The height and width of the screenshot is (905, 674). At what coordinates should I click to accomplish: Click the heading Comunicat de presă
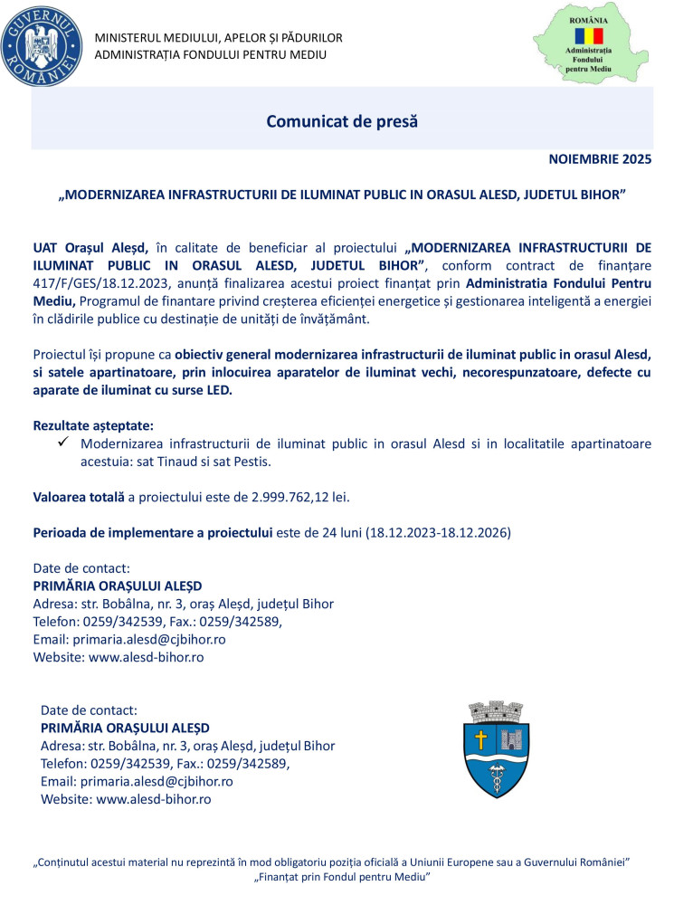tap(342, 120)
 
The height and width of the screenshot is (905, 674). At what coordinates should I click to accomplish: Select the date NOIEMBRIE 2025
tap(600, 160)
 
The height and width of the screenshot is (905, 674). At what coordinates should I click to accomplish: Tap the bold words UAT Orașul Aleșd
tap(90, 246)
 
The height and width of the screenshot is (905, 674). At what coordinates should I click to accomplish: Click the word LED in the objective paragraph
tap(219, 390)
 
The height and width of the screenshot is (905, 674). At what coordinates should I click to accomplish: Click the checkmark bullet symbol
tap(63, 443)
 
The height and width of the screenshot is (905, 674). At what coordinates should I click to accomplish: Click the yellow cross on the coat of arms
tap(480, 739)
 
